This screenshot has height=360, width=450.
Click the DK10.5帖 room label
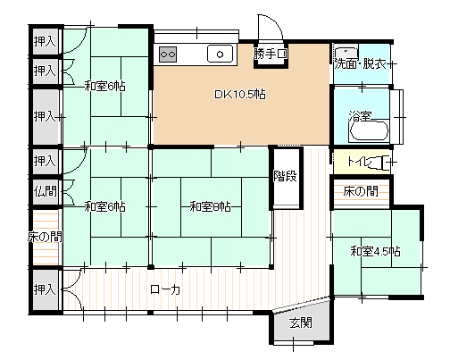[240, 95]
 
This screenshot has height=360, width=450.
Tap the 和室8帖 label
[210, 206]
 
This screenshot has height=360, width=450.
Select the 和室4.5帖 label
[375, 251]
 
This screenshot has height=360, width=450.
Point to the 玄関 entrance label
[301, 322]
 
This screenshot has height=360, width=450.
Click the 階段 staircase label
[286, 176]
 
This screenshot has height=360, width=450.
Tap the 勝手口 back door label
[271, 54]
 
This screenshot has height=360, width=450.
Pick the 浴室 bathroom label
[360, 115]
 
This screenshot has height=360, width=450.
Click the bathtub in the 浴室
[370, 130]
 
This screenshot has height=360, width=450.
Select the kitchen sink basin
[220, 54]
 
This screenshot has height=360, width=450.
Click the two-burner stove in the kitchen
[168, 54]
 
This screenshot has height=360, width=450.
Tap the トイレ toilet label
[360, 162]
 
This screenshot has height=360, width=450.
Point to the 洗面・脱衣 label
[360, 64]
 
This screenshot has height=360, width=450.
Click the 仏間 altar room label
[45, 191]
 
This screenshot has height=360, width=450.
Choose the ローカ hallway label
[165, 289]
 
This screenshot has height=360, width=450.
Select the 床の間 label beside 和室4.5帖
[361, 191]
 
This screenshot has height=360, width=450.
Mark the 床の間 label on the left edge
[45, 237]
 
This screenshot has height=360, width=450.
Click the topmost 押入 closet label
[45, 41]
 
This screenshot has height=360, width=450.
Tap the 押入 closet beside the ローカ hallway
[45, 289]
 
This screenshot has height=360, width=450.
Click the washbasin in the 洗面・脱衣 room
[346, 53]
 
